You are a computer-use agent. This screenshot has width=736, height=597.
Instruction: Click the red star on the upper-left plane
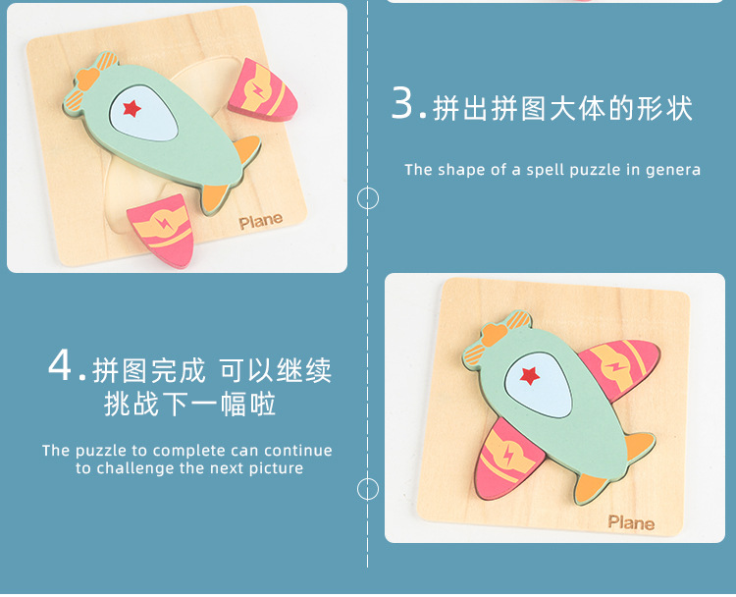(x=131, y=109)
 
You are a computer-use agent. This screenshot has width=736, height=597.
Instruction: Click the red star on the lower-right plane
(x=530, y=376)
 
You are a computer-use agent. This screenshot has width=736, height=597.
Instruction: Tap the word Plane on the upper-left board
(x=260, y=222)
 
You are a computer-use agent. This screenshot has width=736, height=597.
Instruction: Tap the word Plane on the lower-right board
(x=631, y=522)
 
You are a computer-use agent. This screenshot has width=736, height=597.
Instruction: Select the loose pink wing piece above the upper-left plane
(x=262, y=91)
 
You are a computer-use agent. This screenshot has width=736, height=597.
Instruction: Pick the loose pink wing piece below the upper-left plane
(x=162, y=230)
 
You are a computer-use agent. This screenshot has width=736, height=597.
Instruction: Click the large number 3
(x=402, y=103)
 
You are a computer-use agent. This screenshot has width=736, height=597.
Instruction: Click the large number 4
(x=60, y=365)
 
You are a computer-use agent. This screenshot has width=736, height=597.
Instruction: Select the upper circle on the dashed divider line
(x=368, y=197)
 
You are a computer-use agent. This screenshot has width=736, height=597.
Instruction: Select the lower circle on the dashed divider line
(x=368, y=489)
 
